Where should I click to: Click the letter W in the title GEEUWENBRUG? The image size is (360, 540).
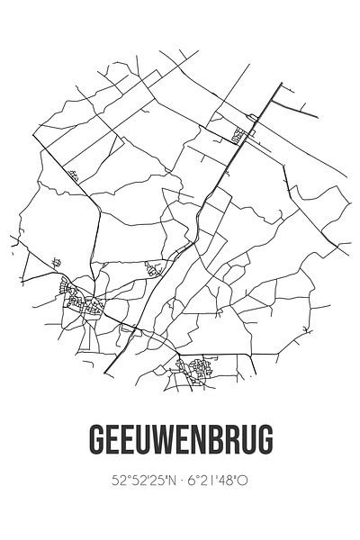coord(165,441)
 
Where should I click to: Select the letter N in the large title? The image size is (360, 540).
coord(205,441)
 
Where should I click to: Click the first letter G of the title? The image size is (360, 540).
coord(97,441)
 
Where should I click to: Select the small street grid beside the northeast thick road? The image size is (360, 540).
coord(240,136)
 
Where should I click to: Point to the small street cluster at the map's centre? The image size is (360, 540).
coord(155,265)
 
